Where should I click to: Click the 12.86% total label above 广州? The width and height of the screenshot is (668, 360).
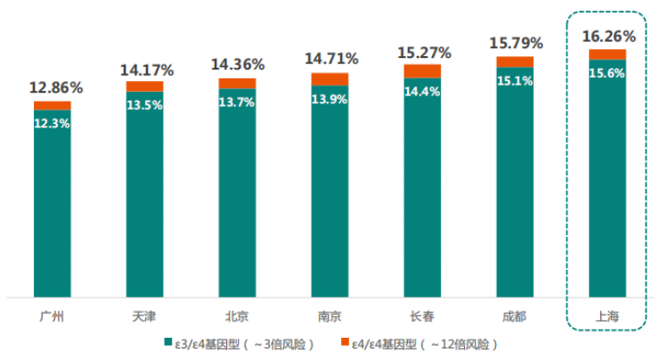(x=55, y=87)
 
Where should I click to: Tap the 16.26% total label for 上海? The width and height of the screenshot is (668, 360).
(x=608, y=37)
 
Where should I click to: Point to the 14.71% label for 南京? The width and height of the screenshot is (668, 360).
(x=331, y=59)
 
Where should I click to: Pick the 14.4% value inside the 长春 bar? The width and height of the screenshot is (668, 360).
(x=422, y=90)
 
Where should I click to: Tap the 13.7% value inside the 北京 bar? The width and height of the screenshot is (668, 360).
(x=237, y=102)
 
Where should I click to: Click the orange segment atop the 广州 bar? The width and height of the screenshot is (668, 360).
(x=53, y=105)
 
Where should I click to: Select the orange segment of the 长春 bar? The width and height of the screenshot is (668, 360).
(x=422, y=70)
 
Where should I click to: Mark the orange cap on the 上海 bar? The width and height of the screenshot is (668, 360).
(x=607, y=54)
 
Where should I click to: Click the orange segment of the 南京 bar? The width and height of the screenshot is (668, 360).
(x=330, y=78)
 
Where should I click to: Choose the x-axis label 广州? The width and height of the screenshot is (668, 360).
(x=53, y=315)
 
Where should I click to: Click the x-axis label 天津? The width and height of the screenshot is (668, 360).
(x=144, y=315)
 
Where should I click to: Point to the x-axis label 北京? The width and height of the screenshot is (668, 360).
(x=237, y=315)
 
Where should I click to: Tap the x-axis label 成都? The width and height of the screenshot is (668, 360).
(x=514, y=315)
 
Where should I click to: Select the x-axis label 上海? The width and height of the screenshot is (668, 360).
(x=607, y=315)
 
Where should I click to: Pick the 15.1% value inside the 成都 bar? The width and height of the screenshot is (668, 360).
(x=515, y=81)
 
